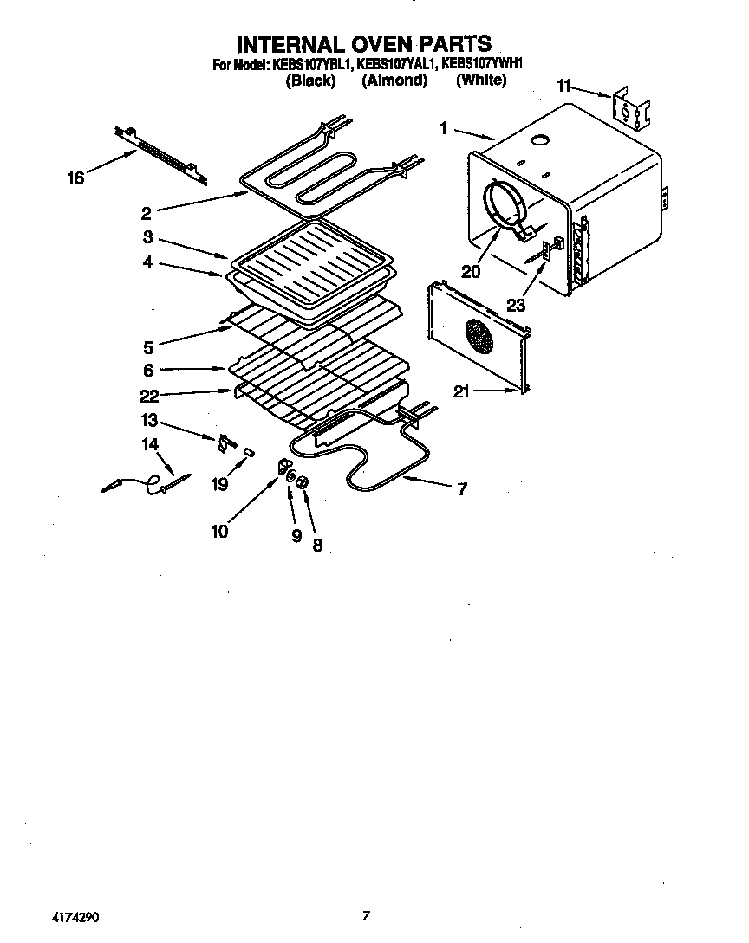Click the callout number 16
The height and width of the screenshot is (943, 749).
click(75, 178)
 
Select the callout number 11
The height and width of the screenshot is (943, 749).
click(564, 86)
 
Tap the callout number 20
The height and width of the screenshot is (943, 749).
click(471, 271)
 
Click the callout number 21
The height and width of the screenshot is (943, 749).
click(462, 392)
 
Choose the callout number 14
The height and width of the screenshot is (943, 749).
click(151, 444)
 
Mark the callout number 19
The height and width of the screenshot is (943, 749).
click(219, 484)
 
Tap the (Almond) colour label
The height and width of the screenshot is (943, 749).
click(394, 81)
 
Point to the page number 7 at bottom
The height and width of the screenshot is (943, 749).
click(367, 915)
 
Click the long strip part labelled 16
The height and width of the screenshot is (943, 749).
click(160, 154)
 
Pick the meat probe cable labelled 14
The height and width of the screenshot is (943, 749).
click(147, 483)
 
